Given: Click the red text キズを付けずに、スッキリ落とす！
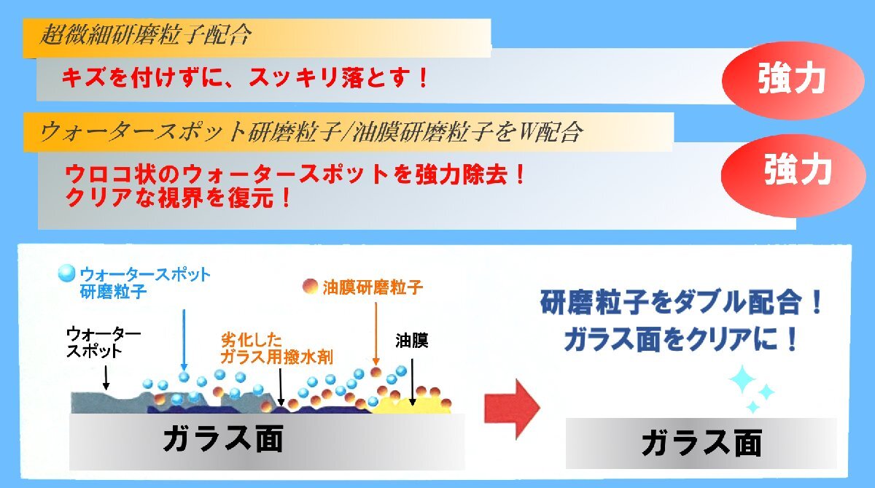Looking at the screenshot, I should pos(244,78).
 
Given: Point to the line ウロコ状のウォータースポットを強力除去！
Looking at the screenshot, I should pos(295,176).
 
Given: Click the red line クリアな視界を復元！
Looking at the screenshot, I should pos(179,198).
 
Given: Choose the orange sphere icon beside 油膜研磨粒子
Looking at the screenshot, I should pos(309,286).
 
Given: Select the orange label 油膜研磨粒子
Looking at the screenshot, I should pos(373,287).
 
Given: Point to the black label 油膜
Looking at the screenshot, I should pos(411,341).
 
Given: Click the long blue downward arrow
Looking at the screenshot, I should pos(184,338).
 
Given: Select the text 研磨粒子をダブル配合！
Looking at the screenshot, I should pos(682,302).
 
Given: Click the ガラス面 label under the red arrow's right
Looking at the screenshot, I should pos(701,444).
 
